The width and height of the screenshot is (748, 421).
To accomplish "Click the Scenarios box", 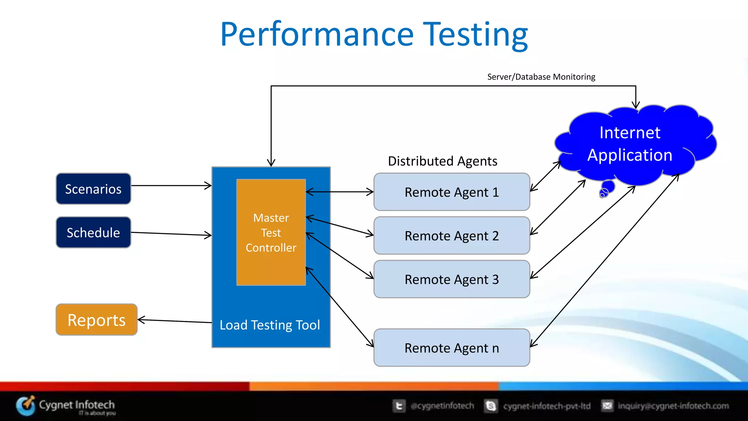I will coord(93,189).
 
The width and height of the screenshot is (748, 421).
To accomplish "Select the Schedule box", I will coord(93,233).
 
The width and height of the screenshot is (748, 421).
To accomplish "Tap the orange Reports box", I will coord(96,320).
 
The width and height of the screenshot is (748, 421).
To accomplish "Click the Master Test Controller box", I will coord(271,232).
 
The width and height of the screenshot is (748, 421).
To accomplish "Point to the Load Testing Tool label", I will coord(270,325).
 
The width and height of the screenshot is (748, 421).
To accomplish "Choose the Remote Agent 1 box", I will coord(451,192).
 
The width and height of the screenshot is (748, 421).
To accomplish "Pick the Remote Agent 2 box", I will coord(451,236).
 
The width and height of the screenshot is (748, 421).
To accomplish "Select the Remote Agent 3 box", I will coord(451,279).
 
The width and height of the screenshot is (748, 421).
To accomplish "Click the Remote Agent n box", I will coord(451,348).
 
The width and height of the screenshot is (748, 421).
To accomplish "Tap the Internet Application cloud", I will coord(630,144).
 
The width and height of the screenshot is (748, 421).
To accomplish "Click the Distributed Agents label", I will coord(442,161).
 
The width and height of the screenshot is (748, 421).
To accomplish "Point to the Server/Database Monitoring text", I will coord(541,77).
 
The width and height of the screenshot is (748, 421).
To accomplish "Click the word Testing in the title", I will coord(475,35).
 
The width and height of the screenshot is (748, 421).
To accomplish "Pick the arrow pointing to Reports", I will coord(175,321).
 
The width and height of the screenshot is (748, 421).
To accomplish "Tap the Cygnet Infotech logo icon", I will coord(26,406).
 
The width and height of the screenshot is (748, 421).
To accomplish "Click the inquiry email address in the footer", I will coord(673,406).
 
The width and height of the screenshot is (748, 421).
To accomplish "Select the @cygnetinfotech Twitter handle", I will coord(442,406).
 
